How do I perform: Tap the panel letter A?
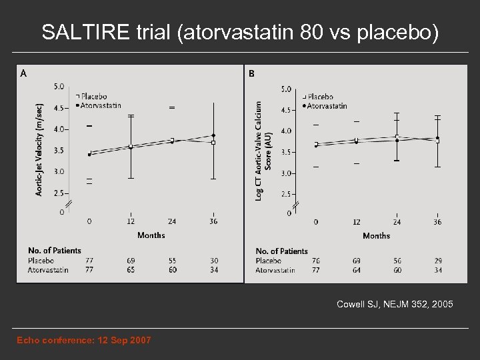pos(24,73)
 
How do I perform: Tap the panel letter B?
pos(251,73)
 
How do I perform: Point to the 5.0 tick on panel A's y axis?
pos(59,86)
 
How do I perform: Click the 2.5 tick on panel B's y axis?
pos(286,194)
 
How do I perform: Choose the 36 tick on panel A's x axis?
pos(213,221)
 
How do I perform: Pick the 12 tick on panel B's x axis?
pos(357,222)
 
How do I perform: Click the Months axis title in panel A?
pos(151,235)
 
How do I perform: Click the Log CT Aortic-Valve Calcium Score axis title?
pos(264,148)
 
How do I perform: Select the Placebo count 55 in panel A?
pos(172,261)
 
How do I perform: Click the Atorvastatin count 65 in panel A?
pos(131,269)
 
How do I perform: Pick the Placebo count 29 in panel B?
pos(438,261)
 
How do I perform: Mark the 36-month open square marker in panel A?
pos(213,142)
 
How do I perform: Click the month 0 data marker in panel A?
pos(90,154)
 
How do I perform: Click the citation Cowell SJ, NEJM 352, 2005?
pos(395,304)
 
